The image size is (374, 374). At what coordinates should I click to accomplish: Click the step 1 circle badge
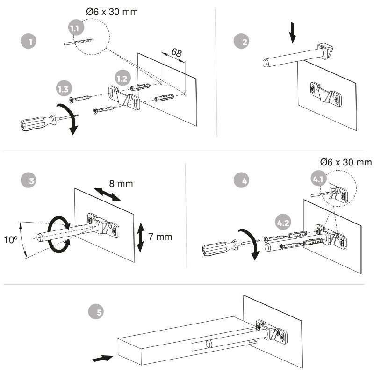[30, 42]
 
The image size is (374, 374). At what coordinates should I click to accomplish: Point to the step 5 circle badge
[98, 312]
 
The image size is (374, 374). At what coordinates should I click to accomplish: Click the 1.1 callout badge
[75, 29]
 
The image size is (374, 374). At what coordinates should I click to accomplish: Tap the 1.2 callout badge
[122, 79]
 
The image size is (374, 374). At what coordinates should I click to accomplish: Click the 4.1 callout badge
[319, 179]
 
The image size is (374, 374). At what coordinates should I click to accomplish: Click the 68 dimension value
[176, 53]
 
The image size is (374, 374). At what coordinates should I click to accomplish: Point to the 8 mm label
[121, 184]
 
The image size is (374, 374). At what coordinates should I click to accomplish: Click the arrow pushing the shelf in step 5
[103, 359]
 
